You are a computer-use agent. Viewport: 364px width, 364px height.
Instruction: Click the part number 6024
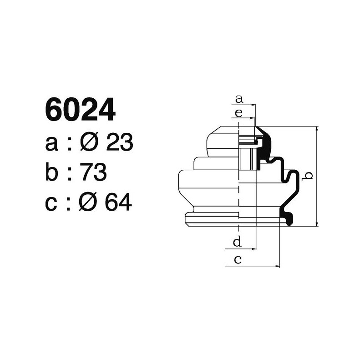click(x=80, y=110)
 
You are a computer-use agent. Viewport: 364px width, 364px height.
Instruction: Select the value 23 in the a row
click(x=119, y=143)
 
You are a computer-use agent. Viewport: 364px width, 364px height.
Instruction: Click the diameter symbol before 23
click(x=90, y=143)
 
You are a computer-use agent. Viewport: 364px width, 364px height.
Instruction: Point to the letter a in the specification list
click(x=53, y=144)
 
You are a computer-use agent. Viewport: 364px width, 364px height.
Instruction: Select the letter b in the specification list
click(x=53, y=172)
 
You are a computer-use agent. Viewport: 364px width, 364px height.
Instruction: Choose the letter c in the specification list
click(x=52, y=204)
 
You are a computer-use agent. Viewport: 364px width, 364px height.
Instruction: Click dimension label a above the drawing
click(x=239, y=98)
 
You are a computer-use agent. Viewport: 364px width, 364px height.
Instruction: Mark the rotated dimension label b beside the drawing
click(x=308, y=175)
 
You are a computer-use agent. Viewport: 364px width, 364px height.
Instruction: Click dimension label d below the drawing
click(x=237, y=242)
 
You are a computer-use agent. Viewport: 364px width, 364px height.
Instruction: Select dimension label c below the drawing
click(x=237, y=260)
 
